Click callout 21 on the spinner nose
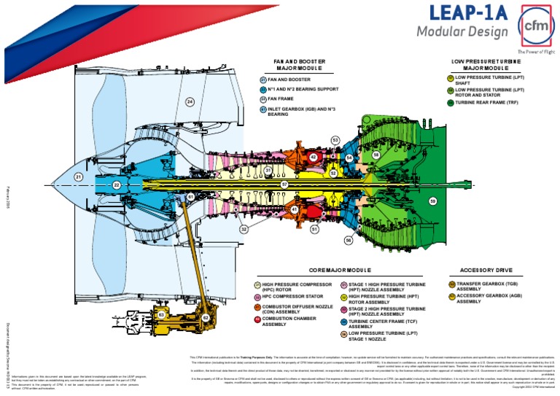(x=79, y=176)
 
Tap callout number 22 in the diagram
(x=117, y=185)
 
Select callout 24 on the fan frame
(x=190, y=102)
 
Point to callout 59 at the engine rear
(x=432, y=201)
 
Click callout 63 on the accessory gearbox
(x=161, y=314)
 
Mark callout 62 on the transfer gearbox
(x=206, y=318)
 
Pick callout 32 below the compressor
(x=244, y=229)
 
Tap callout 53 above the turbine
(x=335, y=140)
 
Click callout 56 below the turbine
(x=349, y=239)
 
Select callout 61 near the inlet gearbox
(x=190, y=197)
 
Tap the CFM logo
(x=534, y=26)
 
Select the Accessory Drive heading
(x=481, y=270)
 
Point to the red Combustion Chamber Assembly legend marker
(x=257, y=319)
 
